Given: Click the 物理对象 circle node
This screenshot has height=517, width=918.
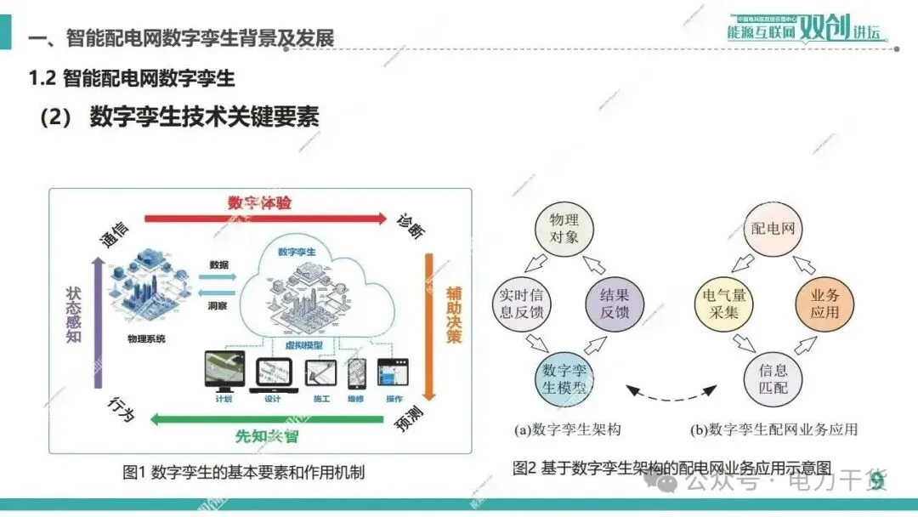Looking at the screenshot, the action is [564, 225].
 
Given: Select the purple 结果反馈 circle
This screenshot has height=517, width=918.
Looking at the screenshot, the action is [615, 304].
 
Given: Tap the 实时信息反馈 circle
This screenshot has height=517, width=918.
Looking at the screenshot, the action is [523, 304].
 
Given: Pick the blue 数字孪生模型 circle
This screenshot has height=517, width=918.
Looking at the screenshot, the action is [564, 381].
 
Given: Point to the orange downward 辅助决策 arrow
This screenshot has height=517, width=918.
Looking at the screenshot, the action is [430, 323].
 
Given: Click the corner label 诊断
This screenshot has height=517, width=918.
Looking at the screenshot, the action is [411, 224].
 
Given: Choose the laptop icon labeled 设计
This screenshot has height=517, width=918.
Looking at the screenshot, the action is [272, 374].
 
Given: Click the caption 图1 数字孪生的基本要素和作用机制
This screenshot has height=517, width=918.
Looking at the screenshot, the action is [244, 473].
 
